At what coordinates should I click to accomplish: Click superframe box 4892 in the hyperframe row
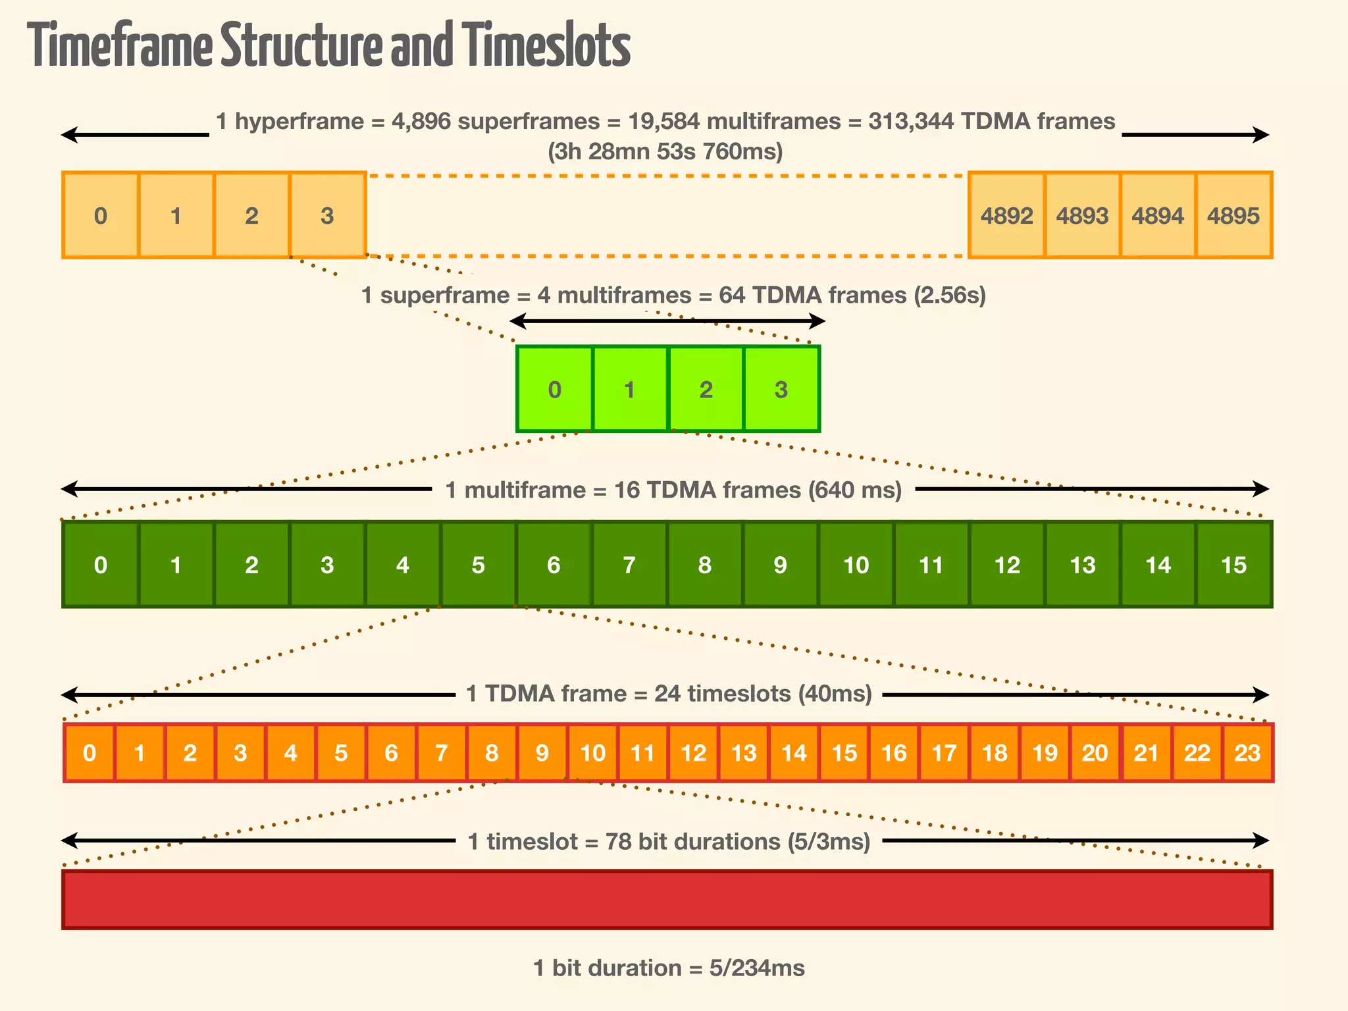click(1006, 215)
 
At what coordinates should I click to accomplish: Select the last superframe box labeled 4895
click(1233, 215)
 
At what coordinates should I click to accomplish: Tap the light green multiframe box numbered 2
click(706, 389)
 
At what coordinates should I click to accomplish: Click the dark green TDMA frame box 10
click(856, 565)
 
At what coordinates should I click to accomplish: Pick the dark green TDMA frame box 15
click(1233, 565)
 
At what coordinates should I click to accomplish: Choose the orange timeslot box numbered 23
click(1247, 752)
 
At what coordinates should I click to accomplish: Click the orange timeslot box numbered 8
click(492, 752)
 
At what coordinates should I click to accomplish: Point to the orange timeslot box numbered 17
click(945, 752)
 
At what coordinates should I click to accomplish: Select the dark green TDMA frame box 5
click(479, 565)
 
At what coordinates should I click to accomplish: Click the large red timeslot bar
click(667, 899)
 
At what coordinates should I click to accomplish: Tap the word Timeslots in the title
click(546, 46)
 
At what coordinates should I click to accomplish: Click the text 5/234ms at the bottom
click(757, 968)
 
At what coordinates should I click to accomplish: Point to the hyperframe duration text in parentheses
click(665, 151)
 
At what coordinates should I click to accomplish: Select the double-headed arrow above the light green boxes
click(667, 321)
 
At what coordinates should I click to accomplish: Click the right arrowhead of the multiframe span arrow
click(1261, 489)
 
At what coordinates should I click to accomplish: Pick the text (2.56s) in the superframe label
click(950, 295)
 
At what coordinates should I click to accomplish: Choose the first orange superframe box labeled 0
click(100, 215)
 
